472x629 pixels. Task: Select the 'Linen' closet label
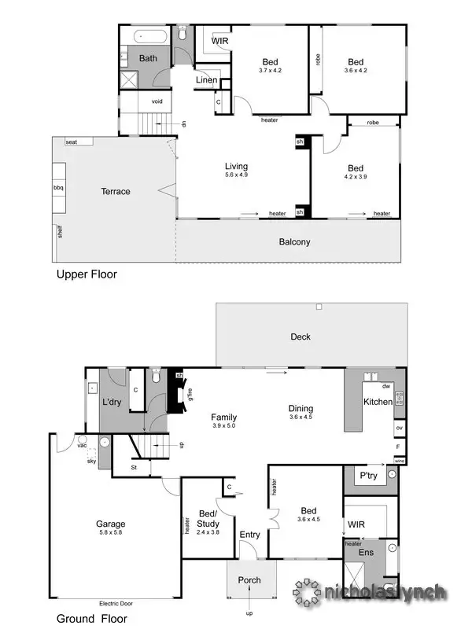coord(206,80)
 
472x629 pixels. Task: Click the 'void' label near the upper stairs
coord(157,101)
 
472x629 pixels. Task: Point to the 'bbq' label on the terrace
coord(58,188)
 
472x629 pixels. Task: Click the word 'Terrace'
coord(115,192)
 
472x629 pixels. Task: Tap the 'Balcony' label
coord(294,242)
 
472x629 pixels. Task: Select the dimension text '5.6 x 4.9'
coord(236,175)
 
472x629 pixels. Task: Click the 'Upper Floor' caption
coord(86,275)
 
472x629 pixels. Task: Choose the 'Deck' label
coord(301,337)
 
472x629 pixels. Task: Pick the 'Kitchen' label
coord(377,402)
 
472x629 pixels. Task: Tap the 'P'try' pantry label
coord(369,476)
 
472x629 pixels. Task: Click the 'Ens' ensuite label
coord(367,552)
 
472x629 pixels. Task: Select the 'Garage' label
coord(110,524)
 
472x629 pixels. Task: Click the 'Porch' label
coord(249,580)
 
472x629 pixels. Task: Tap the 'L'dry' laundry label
coord(110,402)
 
